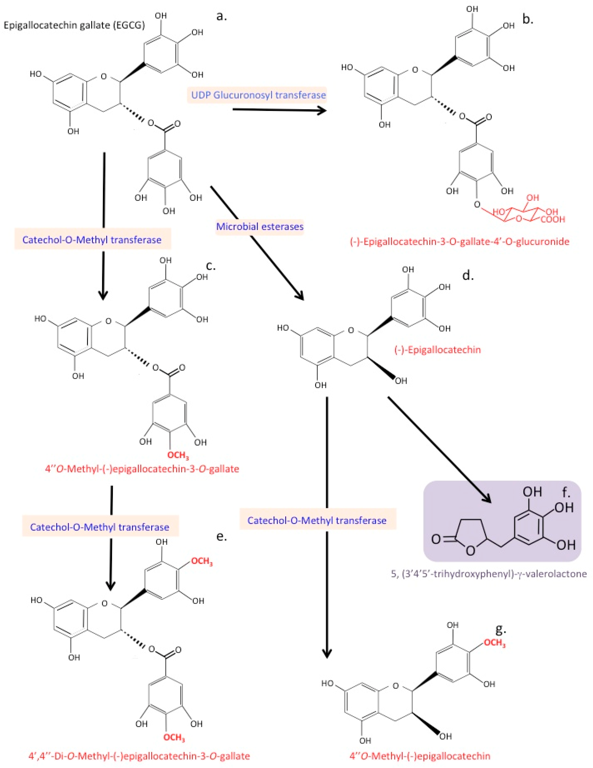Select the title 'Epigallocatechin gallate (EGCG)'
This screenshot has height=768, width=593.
[74, 25]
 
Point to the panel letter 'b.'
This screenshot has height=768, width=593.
[528, 19]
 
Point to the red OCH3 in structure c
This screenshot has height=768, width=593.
[178, 456]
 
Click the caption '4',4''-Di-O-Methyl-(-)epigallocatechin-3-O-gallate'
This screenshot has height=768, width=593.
[139, 756]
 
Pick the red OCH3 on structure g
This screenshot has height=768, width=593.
[495, 643]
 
